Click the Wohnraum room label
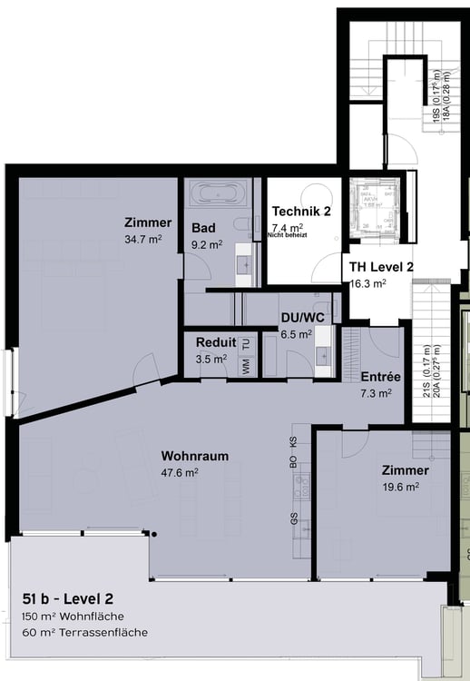[194, 455]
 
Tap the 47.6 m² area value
[180, 471]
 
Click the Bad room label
[203, 228]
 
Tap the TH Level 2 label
[382, 267]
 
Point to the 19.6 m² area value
[399, 487]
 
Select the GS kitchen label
[293, 519]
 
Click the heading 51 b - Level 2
[68, 598]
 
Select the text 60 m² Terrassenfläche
[84, 632]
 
